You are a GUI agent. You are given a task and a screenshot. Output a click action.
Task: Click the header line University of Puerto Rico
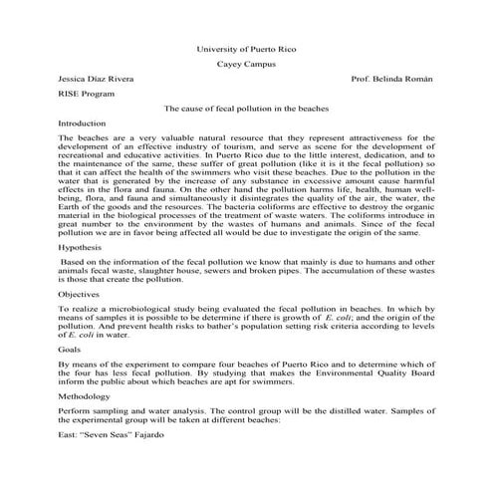coord(246,47)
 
